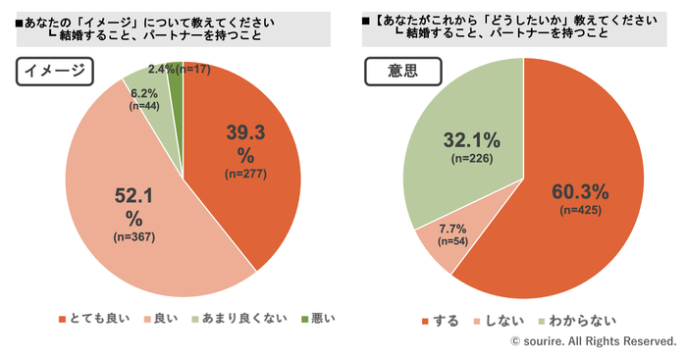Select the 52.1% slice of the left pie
[132, 210]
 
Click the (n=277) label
[245, 174]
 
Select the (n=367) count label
[134, 237]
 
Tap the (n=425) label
[581, 210]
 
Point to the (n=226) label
[472, 159]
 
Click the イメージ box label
[55, 71]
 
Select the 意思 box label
[403, 71]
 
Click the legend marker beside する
[425, 322]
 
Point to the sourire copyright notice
[594, 341]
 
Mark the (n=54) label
[452, 241]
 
